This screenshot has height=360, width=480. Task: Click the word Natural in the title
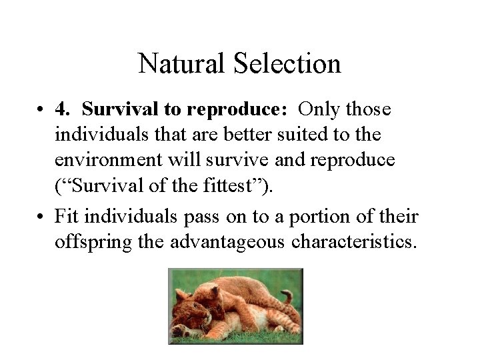coord(181,64)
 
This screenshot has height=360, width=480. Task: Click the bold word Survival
coord(118,109)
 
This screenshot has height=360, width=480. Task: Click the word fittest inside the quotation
coord(212,189)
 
